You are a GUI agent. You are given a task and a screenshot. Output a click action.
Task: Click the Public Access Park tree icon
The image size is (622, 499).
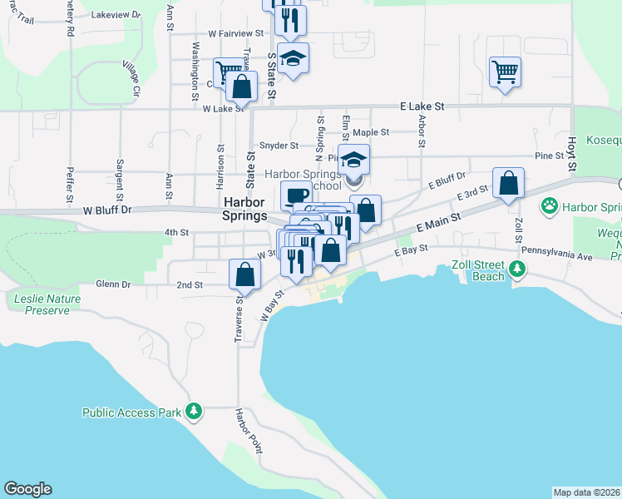(194, 411)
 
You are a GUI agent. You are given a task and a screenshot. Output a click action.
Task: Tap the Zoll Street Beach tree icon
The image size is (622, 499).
(518, 268)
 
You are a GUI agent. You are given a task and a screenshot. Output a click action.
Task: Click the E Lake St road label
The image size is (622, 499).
(422, 106)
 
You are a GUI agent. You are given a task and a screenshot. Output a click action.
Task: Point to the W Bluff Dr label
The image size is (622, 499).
(107, 210)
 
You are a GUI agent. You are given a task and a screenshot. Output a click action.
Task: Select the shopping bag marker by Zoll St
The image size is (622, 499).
(508, 183)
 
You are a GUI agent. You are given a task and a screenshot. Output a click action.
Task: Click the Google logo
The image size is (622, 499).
(27, 489)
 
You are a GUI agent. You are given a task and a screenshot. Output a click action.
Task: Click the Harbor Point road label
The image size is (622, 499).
(248, 430)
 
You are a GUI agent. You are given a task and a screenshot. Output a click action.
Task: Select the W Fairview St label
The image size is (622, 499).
(235, 33)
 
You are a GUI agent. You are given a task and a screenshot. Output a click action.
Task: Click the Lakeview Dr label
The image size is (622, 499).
(116, 15)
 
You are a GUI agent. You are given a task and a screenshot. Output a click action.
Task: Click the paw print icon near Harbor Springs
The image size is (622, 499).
(549, 205)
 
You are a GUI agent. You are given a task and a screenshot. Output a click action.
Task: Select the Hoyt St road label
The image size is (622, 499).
(572, 155)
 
